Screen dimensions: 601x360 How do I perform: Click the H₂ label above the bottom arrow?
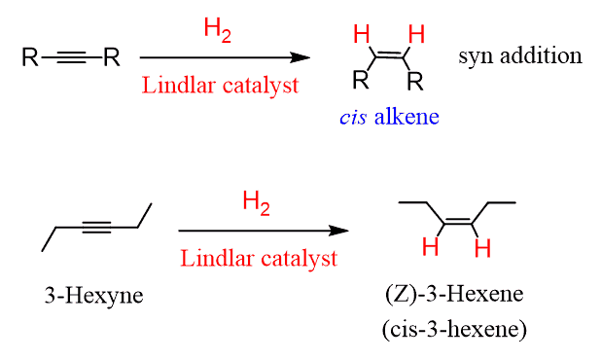tap(257, 202)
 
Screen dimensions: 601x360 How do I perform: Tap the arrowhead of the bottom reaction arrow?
tap(340, 232)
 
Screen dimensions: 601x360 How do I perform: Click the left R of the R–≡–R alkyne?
tap(29, 57)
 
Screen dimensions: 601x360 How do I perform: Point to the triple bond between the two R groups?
tap(70, 57)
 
